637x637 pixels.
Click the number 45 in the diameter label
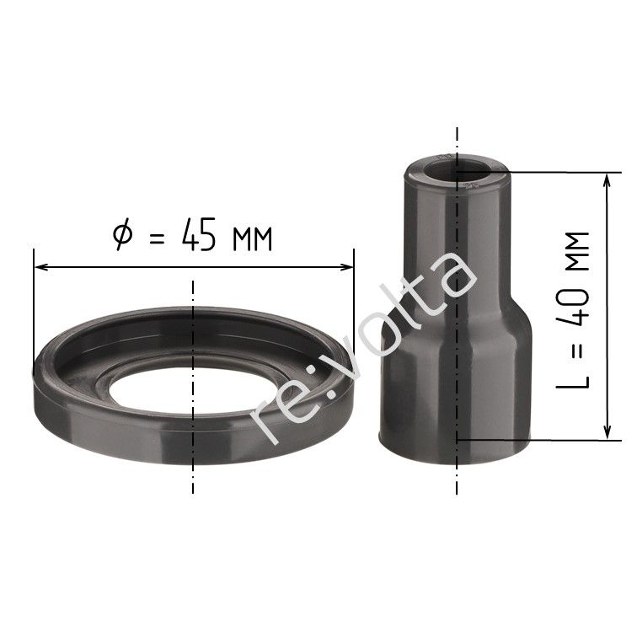click(199, 235)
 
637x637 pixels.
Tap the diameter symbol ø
click(123, 234)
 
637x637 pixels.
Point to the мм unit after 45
click(252, 239)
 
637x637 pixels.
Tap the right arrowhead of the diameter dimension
click(345, 267)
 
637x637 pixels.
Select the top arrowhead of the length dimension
click(607, 181)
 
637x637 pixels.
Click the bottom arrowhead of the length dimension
click(607, 431)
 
